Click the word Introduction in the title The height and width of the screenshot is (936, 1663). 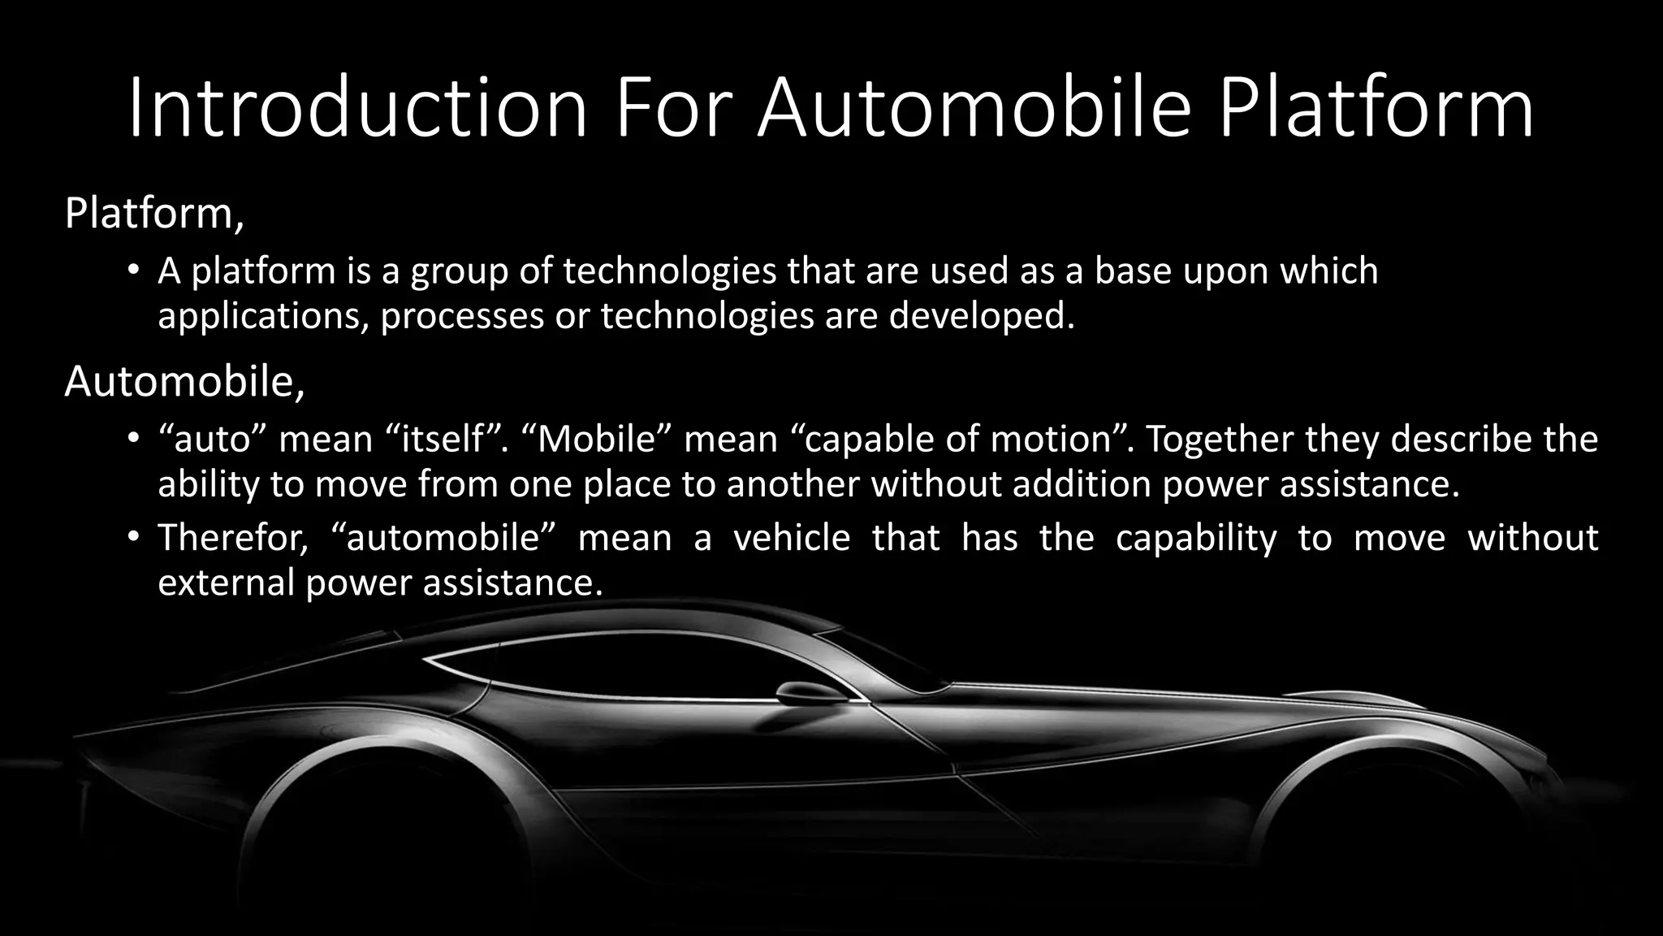[x=357, y=108]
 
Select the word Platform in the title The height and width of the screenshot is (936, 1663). [x=1376, y=108]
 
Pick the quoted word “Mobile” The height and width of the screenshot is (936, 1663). [x=596, y=439]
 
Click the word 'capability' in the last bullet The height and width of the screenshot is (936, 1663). [x=1196, y=538]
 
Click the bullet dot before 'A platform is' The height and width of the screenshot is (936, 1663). [x=134, y=271]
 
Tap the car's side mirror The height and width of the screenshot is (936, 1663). [x=810, y=693]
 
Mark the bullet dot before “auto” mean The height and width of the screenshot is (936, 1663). [x=134, y=439]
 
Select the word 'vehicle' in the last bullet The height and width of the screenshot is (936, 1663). [x=792, y=538]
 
